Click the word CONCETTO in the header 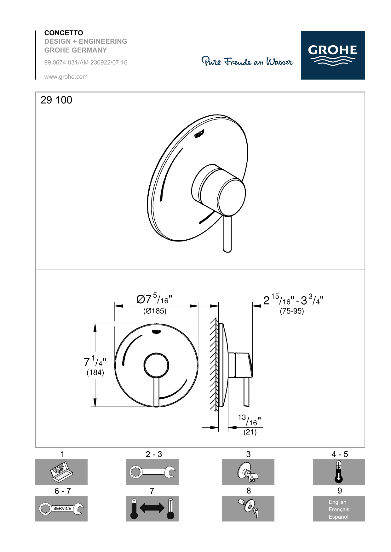pyautogui.click(x=64, y=33)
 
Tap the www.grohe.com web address pyautogui.click(x=66, y=77)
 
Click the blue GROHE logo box pyautogui.click(x=333, y=55)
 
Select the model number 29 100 pyautogui.click(x=56, y=100)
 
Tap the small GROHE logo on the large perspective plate pyautogui.click(x=199, y=134)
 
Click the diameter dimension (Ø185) pyautogui.click(x=155, y=311)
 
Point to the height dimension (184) pyautogui.click(x=95, y=373)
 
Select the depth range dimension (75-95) pyautogui.click(x=292, y=311)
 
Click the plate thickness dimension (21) pyautogui.click(x=250, y=432)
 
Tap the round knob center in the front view pyautogui.click(x=156, y=365)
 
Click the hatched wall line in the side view pyautogui.click(x=215, y=365)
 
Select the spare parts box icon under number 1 pyautogui.click(x=61, y=472)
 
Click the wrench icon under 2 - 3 pyautogui.click(x=152, y=472)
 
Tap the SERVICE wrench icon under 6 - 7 pyautogui.click(x=61, y=509)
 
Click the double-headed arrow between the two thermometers pyautogui.click(x=152, y=508)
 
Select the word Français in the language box pyautogui.click(x=339, y=510)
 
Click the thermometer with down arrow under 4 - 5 pyautogui.click(x=339, y=472)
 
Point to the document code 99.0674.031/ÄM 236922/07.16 pyautogui.click(x=86, y=63)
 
